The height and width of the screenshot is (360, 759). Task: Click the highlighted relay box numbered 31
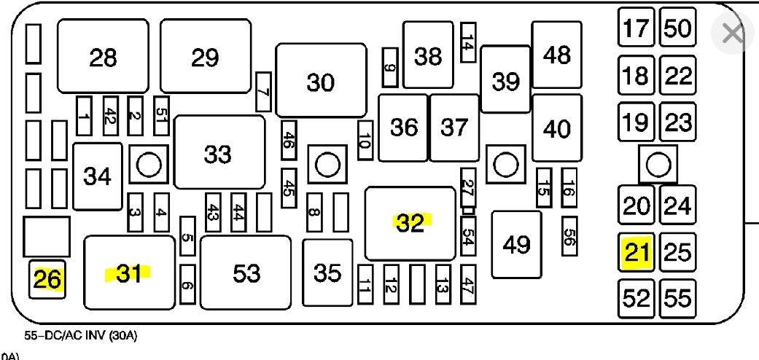click(x=130, y=273)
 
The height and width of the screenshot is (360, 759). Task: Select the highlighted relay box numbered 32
click(x=410, y=223)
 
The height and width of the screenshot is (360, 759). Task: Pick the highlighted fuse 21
click(x=637, y=253)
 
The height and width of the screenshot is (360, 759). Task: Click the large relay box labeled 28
click(x=103, y=57)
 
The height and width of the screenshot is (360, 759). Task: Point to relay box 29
click(x=206, y=57)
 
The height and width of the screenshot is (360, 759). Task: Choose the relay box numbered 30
click(x=321, y=80)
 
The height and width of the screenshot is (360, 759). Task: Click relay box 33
click(x=219, y=154)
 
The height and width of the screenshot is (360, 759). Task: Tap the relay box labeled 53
click(x=246, y=273)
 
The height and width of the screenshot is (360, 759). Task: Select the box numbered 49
click(x=517, y=245)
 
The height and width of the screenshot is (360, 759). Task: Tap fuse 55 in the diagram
click(x=678, y=298)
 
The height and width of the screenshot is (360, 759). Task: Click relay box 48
click(x=557, y=55)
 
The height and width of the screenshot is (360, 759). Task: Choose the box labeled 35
click(x=327, y=273)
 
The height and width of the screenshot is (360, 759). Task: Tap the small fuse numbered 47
click(x=468, y=283)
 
